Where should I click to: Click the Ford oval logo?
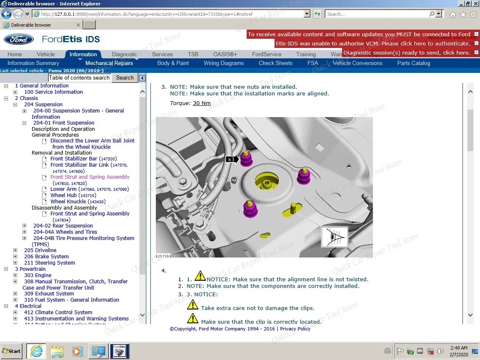18,40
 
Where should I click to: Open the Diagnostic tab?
124,54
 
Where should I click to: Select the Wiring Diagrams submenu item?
223,63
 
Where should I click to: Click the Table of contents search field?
79,77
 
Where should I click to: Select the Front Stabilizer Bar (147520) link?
74,158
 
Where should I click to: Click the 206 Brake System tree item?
46,256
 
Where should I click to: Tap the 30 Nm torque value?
202,103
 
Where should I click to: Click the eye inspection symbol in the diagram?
334,237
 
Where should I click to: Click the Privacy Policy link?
295,329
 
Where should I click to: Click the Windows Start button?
12,351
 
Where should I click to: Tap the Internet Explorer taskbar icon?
36,351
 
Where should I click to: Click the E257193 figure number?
163,256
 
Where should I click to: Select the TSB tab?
193,54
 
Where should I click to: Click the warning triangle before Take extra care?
192,305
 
